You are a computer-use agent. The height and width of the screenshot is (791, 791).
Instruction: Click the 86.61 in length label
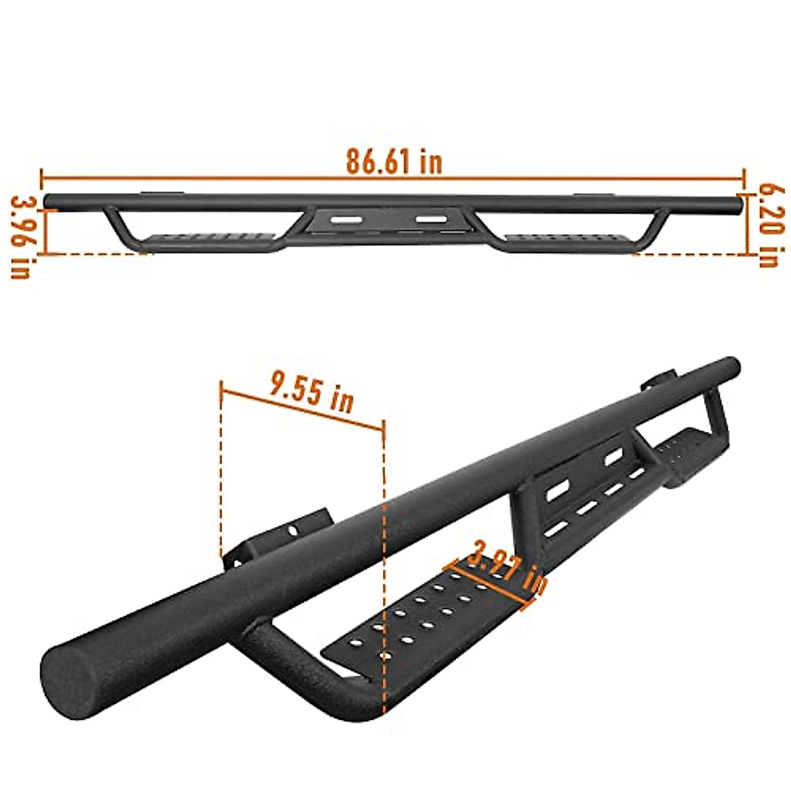coord(394,161)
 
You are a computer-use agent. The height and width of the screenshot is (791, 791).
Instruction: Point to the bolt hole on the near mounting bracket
coord(290,529)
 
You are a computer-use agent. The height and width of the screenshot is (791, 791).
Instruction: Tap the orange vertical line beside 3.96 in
coord(46,231)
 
